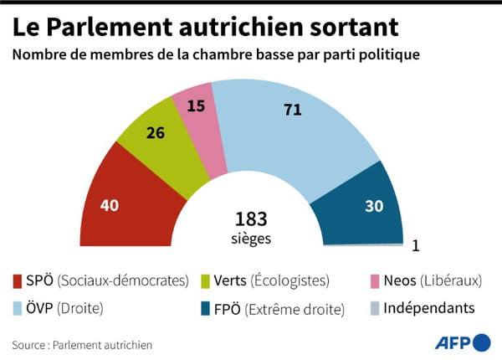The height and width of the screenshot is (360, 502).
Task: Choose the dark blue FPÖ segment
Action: (368, 205)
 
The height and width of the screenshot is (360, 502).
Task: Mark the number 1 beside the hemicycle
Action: (415, 246)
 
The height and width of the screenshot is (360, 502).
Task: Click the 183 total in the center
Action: (250, 219)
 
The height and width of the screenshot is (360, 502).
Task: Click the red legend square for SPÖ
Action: (19, 280)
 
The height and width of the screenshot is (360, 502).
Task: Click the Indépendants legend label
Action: (428, 308)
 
